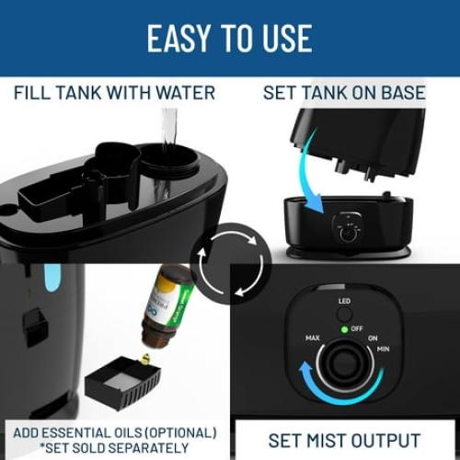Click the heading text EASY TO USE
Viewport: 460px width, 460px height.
pos(229,38)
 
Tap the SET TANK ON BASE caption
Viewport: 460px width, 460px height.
pos(344,92)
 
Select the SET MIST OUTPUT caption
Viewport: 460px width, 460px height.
pos(344,440)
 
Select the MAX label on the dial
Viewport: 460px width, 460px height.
pos(313,339)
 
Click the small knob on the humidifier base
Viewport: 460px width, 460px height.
pos(349,233)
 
